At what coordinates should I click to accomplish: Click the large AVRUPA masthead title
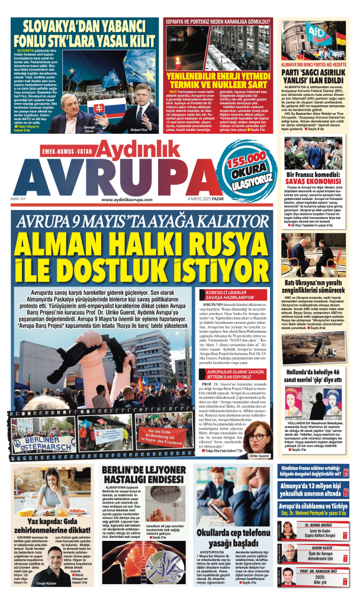(133, 178)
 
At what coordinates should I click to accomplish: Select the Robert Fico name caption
(140, 130)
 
